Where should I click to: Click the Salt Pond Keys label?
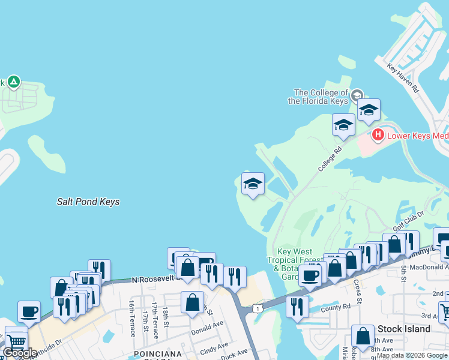[88, 202]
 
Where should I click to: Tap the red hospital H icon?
[378, 135]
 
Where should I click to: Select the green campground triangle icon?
[13, 82]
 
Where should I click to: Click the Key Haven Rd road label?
[403, 79]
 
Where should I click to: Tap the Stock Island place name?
[403, 329]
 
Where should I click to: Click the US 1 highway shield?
[258, 308]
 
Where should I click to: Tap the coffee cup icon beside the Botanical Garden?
[310, 275]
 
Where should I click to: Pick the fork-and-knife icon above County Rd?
[297, 306]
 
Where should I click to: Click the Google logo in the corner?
[20, 353]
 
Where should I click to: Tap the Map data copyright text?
[412, 356]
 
